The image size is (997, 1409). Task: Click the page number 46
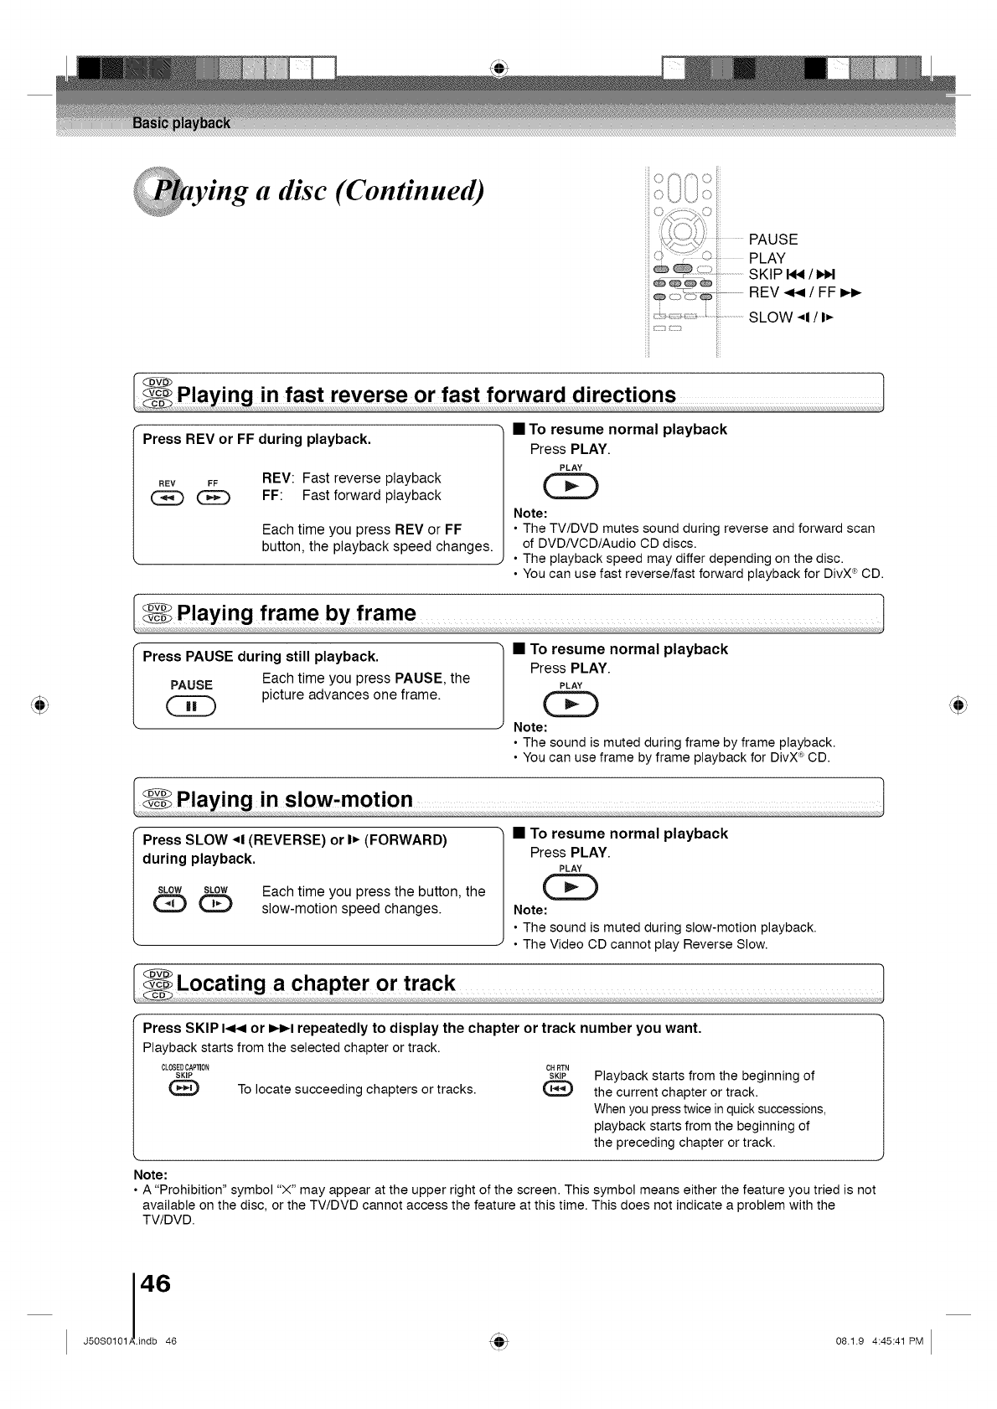pos(156,1283)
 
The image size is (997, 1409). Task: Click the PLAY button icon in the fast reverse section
pos(571,487)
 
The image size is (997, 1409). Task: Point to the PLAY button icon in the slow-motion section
pos(571,888)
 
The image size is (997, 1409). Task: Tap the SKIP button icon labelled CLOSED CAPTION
pos(183,1088)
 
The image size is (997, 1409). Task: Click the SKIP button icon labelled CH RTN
pos(557,1088)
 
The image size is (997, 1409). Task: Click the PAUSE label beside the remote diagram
pos(773,240)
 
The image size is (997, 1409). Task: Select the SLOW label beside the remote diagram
pos(771,317)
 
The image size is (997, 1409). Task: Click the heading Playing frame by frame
pos(297,613)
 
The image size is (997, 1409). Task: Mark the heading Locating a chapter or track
pos(316,983)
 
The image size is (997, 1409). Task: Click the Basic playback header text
pos(181,124)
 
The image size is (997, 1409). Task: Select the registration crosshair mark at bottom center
pos(498,1340)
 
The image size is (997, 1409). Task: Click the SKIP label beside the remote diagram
pos(766,275)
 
